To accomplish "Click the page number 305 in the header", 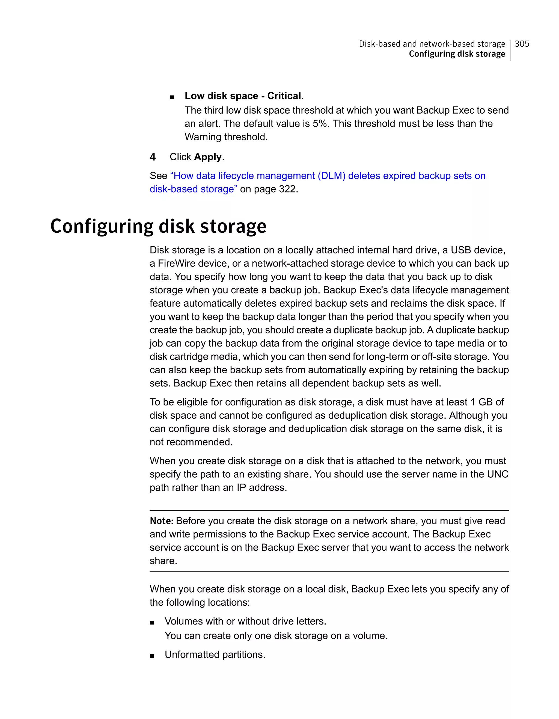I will pyautogui.click(x=522, y=44).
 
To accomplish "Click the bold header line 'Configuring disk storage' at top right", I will pyautogui.click(x=457, y=54).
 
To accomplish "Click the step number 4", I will pyautogui.click(x=153, y=157).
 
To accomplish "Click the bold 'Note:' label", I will pyautogui.click(x=162, y=521).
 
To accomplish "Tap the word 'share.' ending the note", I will pyautogui.click(x=163, y=561).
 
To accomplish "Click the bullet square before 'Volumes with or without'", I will pyautogui.click(x=152, y=623).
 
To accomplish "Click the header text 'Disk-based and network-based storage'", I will pyautogui.click(x=432, y=44).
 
